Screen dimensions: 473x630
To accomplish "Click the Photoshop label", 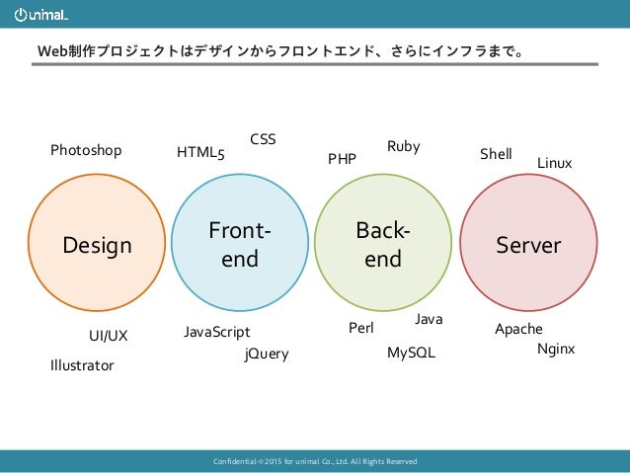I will click(x=86, y=151).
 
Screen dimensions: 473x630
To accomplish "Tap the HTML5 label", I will click(x=200, y=153).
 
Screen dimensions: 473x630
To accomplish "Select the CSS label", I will click(x=263, y=140).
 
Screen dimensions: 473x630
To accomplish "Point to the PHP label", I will click(x=342, y=158).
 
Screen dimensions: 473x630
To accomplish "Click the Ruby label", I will click(x=403, y=146).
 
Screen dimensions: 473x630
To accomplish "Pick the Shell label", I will click(x=496, y=154).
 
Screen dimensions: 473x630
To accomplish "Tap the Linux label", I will click(x=554, y=162).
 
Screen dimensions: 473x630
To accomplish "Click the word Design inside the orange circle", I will click(x=97, y=245).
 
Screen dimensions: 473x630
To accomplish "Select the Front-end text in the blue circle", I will click(x=240, y=245).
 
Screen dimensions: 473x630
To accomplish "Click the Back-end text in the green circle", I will click(x=383, y=245).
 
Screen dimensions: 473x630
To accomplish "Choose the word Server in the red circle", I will click(x=528, y=245).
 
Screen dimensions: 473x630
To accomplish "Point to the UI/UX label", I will click(x=109, y=336).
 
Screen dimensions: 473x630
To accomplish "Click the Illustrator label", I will click(x=82, y=365).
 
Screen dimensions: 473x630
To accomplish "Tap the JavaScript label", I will click(x=217, y=332).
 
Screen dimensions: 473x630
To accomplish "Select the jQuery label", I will click(x=267, y=354).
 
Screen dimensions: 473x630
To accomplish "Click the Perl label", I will click(x=362, y=328).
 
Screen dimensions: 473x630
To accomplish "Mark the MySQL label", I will click(x=411, y=353).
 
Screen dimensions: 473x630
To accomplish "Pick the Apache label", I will click(x=518, y=329).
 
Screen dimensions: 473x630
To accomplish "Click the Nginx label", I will click(x=556, y=350).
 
